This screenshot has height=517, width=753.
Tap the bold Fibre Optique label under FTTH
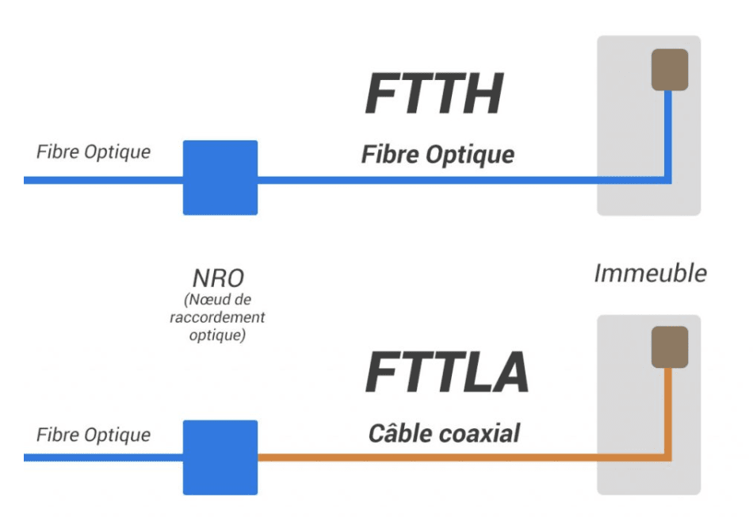click(438, 153)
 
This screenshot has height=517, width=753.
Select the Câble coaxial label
click(444, 433)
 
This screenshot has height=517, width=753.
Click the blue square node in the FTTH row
click(220, 178)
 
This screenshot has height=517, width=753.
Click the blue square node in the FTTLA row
click(220, 458)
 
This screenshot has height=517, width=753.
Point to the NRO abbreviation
click(217, 278)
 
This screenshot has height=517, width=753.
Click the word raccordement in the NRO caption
click(217, 317)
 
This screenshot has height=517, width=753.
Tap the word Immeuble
click(650, 274)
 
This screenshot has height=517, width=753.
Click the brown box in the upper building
click(669, 70)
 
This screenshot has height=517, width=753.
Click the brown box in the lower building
click(669, 347)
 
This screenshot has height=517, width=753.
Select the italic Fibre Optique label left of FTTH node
click(94, 151)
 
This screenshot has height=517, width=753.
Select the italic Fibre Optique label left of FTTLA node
click(94, 435)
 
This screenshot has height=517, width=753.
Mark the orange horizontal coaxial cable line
click(428, 458)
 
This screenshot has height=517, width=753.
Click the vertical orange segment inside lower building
click(668, 412)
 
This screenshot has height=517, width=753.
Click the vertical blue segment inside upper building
click(668, 135)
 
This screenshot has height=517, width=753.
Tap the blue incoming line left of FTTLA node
click(103, 458)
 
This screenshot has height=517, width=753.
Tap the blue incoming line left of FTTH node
click(103, 180)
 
